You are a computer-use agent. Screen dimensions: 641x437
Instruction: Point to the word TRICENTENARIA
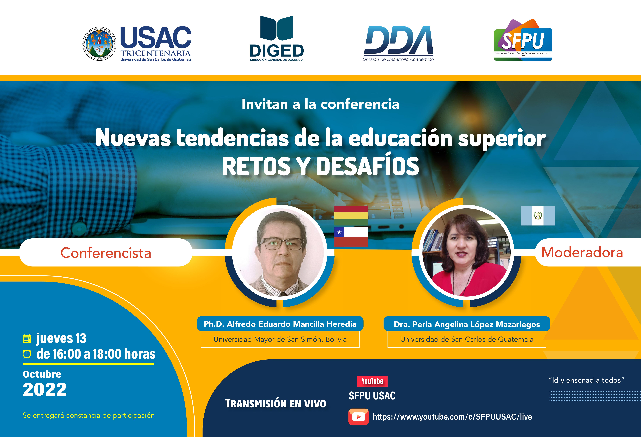[x=156, y=53]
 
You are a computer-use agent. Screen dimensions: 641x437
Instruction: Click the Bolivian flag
[x=351, y=216]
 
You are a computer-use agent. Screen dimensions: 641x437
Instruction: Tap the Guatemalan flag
[x=538, y=216]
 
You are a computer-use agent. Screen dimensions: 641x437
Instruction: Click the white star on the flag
[x=339, y=232]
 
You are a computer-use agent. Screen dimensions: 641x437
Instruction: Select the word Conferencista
[x=106, y=253]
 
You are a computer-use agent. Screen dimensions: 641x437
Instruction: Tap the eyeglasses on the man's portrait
[x=280, y=244]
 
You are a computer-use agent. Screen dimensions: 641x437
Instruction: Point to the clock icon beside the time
[x=27, y=354]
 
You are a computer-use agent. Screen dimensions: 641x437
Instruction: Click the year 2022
[x=45, y=390]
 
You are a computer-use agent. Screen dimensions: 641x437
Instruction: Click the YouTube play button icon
[x=359, y=417]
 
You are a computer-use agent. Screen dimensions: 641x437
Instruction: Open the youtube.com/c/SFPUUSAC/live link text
[x=452, y=417]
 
